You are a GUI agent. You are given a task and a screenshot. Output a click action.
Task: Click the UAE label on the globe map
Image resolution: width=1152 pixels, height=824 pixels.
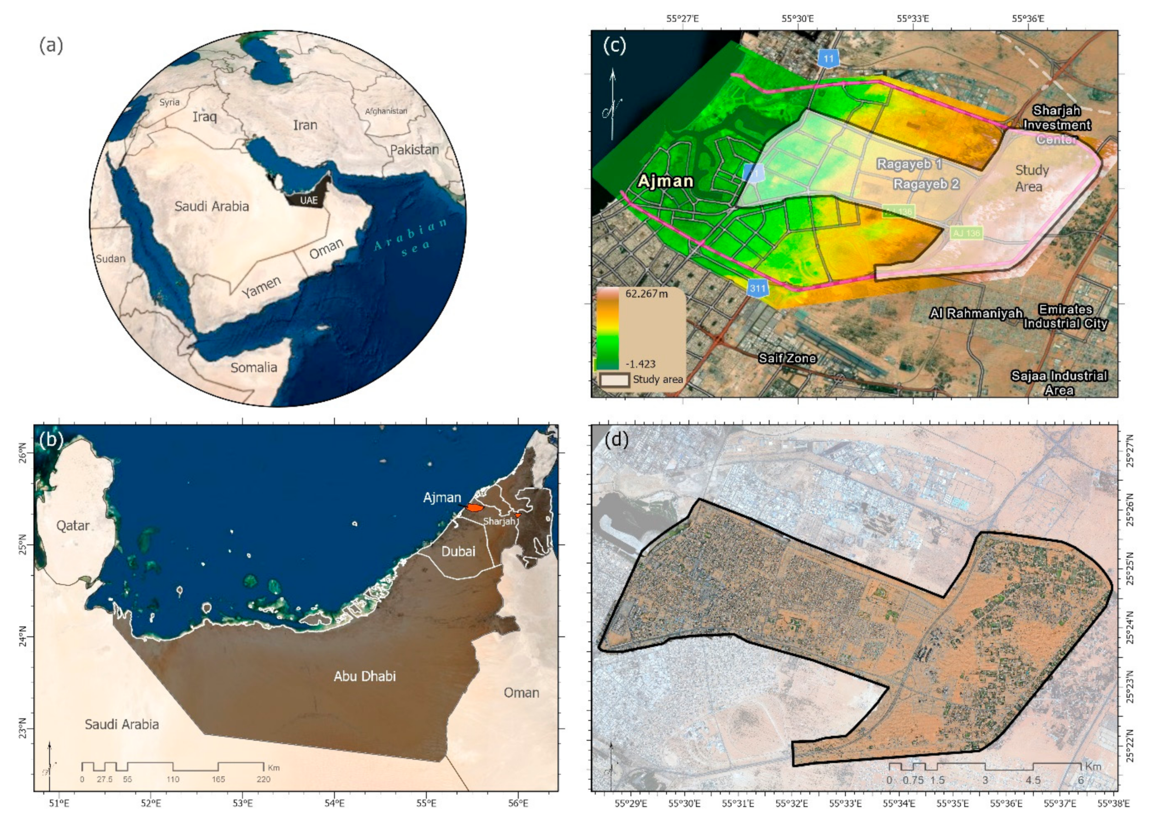click(309, 200)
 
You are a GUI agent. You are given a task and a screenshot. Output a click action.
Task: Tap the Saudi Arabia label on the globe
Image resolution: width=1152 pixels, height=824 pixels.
click(212, 206)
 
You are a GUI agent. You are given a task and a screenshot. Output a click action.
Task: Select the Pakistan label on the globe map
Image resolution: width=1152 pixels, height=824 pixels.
click(414, 150)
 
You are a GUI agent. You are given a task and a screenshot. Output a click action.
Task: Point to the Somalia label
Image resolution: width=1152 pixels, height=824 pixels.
click(254, 367)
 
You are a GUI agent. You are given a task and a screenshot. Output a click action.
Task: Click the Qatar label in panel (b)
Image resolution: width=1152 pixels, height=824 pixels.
click(72, 526)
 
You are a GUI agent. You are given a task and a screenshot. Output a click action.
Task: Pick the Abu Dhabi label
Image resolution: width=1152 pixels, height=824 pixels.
click(364, 676)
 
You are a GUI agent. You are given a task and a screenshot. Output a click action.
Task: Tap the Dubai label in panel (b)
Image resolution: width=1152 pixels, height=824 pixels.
click(458, 551)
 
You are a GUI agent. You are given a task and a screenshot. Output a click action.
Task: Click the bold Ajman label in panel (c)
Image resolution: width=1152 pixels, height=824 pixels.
click(665, 181)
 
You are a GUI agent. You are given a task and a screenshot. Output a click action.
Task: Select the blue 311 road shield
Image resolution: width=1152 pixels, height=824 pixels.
click(757, 288)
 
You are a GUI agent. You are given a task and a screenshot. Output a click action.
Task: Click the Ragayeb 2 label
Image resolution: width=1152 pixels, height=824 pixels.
click(926, 184)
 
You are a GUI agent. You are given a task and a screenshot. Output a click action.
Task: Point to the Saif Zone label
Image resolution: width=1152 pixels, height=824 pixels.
click(787, 358)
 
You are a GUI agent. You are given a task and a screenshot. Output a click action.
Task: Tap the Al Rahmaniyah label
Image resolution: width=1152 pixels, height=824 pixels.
click(976, 314)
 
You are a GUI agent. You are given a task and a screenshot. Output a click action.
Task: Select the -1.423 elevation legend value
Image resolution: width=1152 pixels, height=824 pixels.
click(640, 364)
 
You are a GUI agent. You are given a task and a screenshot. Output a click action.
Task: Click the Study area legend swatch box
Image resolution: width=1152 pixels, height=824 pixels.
click(614, 380)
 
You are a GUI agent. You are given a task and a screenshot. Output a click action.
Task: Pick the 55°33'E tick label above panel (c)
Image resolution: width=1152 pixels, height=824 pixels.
click(913, 19)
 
